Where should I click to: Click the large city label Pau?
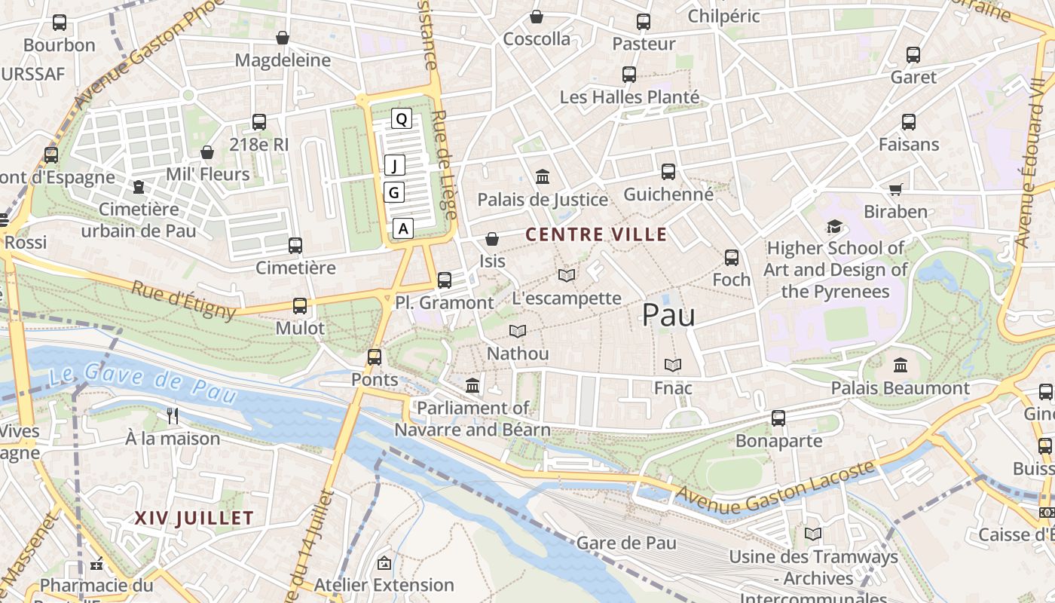[668, 315]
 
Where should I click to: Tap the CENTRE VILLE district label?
[596, 234]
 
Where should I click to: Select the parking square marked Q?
[401, 118]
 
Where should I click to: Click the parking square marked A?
[404, 228]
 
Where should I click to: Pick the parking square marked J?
[395, 165]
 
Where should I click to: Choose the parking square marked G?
[393, 193]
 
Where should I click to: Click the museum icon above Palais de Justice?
[542, 177]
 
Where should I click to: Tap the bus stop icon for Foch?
[731, 258]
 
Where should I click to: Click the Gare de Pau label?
[626, 543]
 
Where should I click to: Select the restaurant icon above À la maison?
[173, 415]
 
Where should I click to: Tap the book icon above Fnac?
[672, 366]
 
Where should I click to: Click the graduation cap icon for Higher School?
[834, 226]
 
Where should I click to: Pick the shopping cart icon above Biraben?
[895, 189]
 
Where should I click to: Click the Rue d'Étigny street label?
[183, 299]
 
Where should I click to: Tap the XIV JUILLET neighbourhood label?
[194, 518]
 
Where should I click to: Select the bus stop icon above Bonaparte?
[778, 418]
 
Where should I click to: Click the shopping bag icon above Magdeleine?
[283, 38]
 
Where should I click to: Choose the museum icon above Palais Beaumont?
[900, 366]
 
